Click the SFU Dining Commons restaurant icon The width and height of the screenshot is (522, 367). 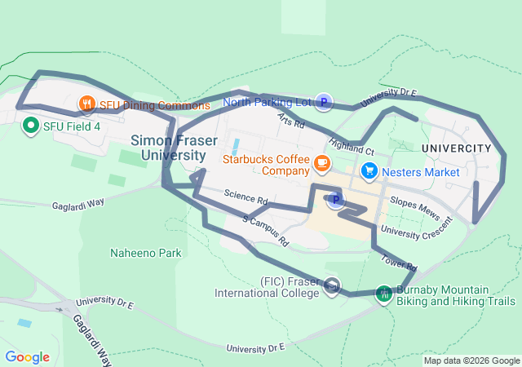coord(86,104)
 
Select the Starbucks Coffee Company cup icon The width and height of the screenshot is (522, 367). coord(321,164)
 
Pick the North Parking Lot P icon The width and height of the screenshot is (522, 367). coord(324,102)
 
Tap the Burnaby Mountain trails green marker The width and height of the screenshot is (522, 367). coord(383,294)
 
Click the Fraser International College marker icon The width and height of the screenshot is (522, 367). coord(332,285)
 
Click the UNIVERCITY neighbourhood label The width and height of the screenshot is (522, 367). coord(457,148)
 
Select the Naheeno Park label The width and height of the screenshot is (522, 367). coord(146,254)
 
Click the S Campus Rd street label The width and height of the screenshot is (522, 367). coord(266,231)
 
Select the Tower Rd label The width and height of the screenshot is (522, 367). coord(399,263)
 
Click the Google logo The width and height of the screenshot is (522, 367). coord(27,357)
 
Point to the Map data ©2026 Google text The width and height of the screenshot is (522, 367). coord(471,360)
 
